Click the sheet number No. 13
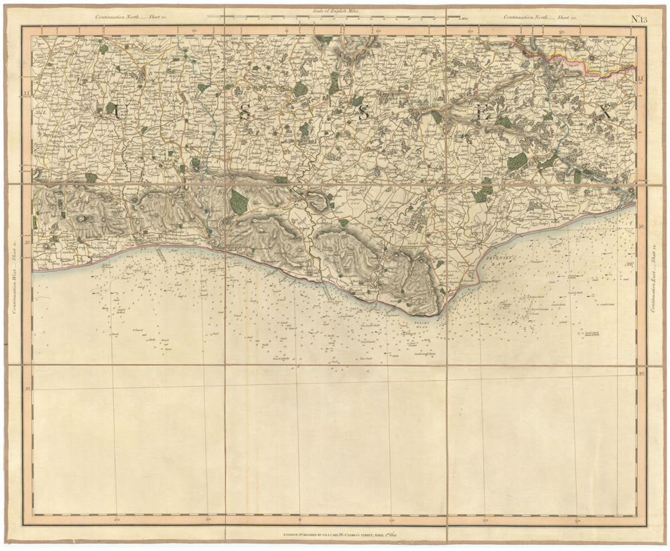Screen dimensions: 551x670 pyautogui.click(x=640, y=17)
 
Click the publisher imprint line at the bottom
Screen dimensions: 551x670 pyautogui.click(x=335, y=535)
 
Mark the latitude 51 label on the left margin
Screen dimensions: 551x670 pyautogui.click(x=27, y=92)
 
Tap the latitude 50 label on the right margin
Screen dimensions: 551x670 pyautogui.click(x=641, y=227)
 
